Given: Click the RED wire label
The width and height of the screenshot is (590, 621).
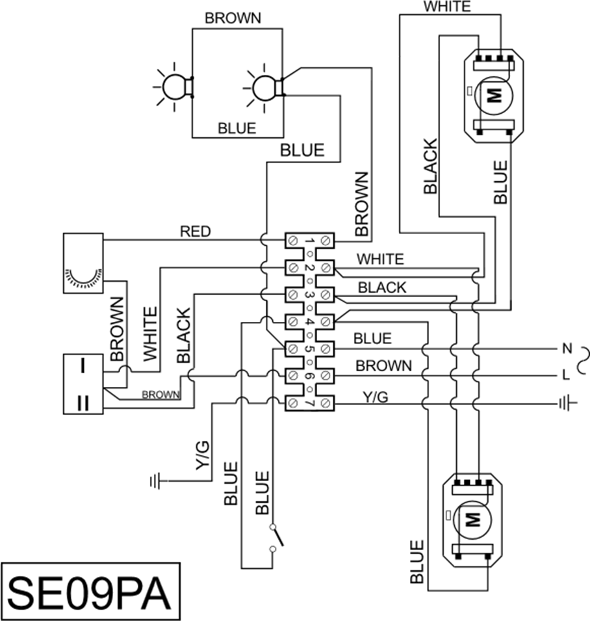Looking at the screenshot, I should pos(196,231).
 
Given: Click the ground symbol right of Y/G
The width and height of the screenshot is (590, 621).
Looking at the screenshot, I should pos(567,404).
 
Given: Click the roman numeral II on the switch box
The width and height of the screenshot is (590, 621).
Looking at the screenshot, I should pos(83,401).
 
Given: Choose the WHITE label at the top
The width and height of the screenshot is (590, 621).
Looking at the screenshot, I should pos(446,7).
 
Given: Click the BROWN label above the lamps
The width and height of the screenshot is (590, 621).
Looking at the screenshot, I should pos(233,18).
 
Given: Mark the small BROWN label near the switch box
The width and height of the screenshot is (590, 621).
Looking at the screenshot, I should pos(161,394).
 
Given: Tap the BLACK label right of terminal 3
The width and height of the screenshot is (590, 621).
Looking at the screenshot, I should pos(382,287).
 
